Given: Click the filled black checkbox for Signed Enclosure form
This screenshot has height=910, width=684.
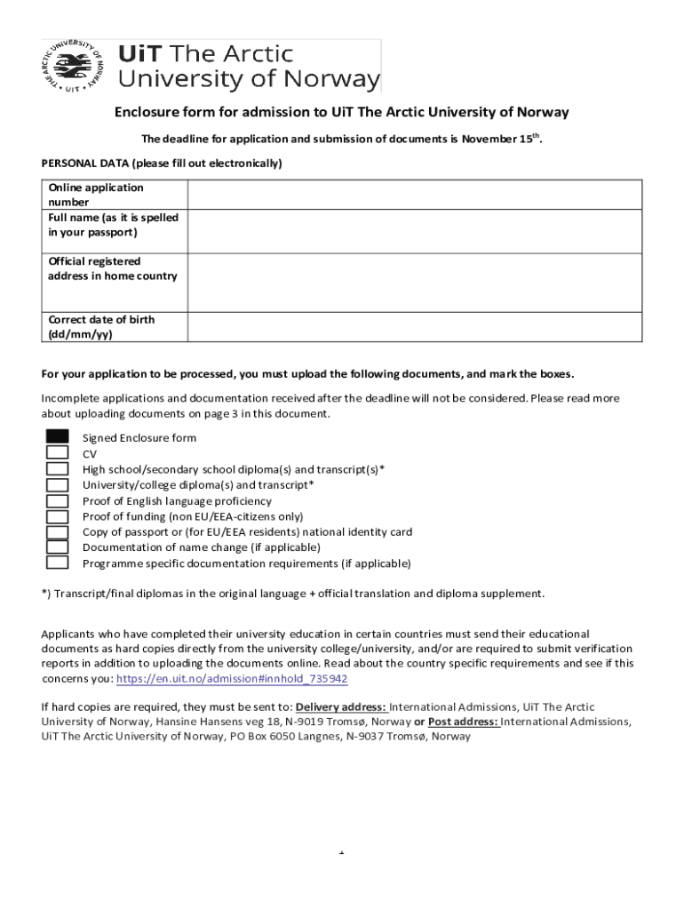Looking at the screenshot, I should (x=58, y=436).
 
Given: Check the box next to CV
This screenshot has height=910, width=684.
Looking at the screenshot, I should (x=58, y=452).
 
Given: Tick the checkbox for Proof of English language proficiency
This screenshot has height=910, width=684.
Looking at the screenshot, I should (x=58, y=500).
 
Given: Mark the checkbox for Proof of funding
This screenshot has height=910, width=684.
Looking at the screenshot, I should (x=58, y=516).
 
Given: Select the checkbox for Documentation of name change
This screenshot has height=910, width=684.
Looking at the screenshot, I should (x=58, y=547).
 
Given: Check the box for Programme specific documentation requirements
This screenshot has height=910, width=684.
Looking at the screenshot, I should (x=58, y=563).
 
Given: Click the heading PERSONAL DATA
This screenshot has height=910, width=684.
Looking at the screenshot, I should (x=162, y=164).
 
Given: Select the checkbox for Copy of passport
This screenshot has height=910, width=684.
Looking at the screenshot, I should (x=58, y=532).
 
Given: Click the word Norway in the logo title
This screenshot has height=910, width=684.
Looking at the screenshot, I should (x=336, y=79).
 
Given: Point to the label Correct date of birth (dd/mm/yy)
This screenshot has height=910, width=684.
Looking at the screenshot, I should (x=101, y=327).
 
